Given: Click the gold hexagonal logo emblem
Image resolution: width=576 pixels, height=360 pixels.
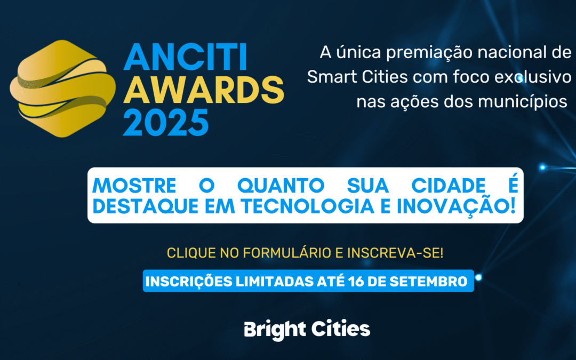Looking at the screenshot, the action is pyautogui.click(x=62, y=89).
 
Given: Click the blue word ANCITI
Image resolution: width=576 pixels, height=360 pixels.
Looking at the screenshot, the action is pyautogui.click(x=185, y=57).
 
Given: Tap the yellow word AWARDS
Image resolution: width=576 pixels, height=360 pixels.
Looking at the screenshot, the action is pyautogui.click(x=204, y=90).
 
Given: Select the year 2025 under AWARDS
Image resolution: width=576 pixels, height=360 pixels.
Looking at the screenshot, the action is pyautogui.click(x=166, y=122).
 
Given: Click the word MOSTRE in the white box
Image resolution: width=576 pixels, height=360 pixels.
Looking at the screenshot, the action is pyautogui.click(x=134, y=186).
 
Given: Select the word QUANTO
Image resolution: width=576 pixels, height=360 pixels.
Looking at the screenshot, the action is pyautogui.click(x=281, y=186).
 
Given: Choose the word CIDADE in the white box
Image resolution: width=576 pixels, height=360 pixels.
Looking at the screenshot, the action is pyautogui.click(x=448, y=186).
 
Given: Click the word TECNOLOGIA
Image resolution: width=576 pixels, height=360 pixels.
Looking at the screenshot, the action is pyautogui.click(x=308, y=206).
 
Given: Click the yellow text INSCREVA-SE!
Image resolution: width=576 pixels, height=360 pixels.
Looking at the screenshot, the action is pyautogui.click(x=395, y=253).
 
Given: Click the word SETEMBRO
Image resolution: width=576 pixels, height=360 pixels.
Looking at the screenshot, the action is pyautogui.click(x=428, y=282).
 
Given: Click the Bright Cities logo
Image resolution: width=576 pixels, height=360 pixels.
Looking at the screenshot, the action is pyautogui.click(x=307, y=330).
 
